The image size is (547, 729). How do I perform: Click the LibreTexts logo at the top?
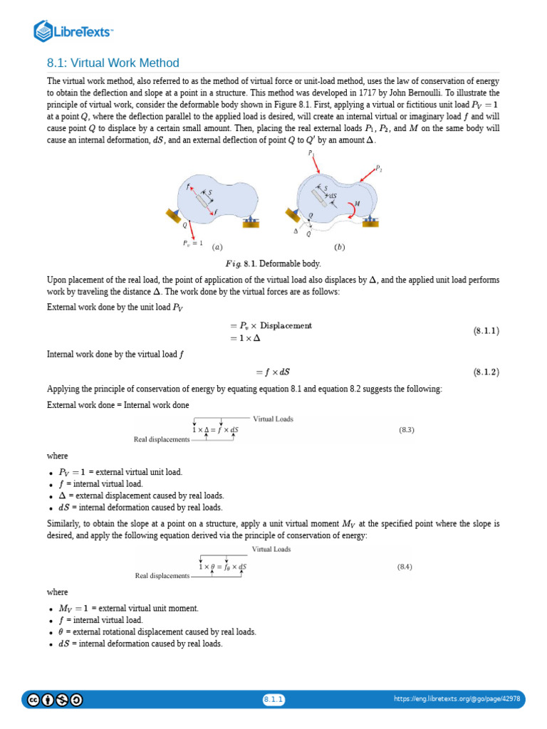[x=74, y=31]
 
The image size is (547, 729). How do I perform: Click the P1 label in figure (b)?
[x=311, y=153]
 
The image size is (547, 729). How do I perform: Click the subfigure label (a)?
[x=217, y=247]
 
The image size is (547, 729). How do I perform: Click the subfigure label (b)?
[x=339, y=247]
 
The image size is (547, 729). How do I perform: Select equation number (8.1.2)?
[x=486, y=372]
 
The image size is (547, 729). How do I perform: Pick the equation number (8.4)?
[x=405, y=567]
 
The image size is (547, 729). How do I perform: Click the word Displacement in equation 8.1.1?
[x=286, y=325]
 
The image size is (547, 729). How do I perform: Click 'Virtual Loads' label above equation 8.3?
[x=273, y=419]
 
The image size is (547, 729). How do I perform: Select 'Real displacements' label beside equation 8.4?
[x=162, y=575]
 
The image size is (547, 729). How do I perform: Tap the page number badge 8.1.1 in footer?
[x=273, y=699]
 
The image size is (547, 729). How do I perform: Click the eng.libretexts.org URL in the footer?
[x=457, y=699]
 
